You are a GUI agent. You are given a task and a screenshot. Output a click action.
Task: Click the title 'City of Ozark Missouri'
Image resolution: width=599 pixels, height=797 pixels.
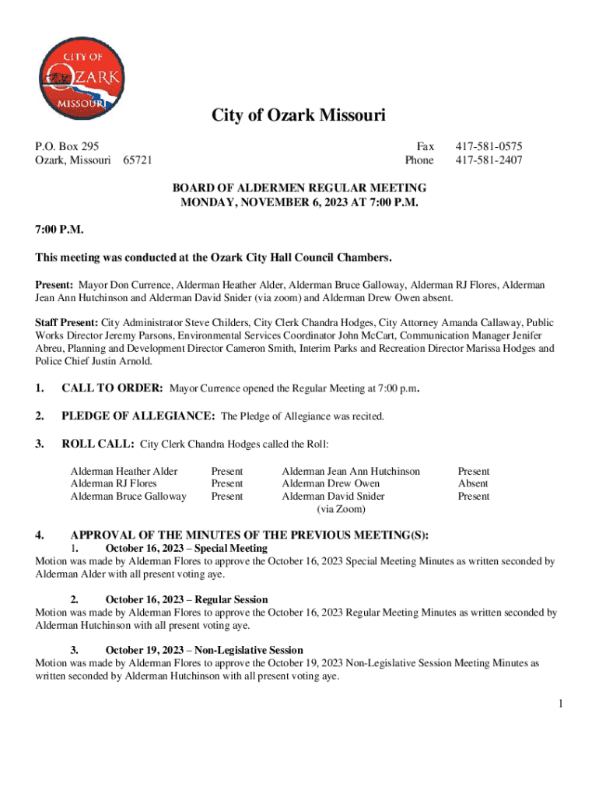coord(299,116)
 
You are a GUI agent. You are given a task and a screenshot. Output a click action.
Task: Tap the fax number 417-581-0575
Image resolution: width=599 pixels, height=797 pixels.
coord(489,146)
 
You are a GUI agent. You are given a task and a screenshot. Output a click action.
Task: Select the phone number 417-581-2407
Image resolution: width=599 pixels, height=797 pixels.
coord(489,160)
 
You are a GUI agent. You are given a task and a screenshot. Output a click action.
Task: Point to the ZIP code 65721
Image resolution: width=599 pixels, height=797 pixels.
coord(138,160)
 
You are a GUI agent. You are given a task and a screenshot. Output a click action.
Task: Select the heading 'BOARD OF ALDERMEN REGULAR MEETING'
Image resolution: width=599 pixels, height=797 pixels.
coord(299,188)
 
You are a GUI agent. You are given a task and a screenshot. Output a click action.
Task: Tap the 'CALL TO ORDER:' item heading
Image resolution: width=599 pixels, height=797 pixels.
coord(112,388)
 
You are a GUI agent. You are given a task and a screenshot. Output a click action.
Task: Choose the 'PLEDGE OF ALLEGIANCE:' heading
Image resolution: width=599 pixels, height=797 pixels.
coord(138,416)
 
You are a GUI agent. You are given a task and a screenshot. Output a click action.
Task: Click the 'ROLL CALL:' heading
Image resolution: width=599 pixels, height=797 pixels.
coord(97,444)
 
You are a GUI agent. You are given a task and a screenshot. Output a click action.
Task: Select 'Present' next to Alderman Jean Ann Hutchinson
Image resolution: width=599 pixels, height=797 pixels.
coord(473,471)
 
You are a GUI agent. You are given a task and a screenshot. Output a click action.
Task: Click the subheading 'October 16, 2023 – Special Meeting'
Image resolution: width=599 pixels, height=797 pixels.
coord(186,548)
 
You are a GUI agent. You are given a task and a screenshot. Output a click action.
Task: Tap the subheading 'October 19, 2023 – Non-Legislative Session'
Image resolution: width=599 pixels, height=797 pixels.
coord(204,650)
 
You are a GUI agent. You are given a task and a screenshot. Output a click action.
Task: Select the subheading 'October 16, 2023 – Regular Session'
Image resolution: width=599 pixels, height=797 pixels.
coord(187,599)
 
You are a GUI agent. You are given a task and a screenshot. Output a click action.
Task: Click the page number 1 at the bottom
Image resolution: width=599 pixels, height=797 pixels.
coord(559,704)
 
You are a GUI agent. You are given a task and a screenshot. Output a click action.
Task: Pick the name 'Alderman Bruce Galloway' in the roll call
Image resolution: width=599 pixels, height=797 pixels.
coord(128,496)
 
